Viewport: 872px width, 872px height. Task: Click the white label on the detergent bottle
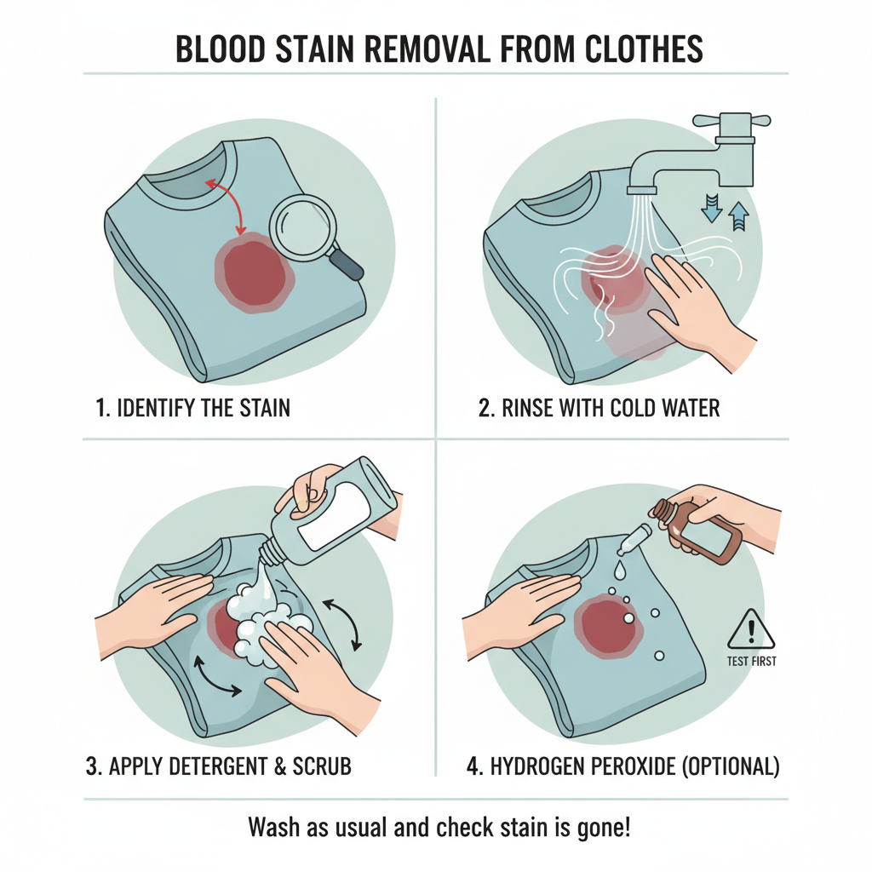tap(341, 513)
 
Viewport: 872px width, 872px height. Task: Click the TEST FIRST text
tap(750, 661)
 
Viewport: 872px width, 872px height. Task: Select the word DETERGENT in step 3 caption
tap(217, 766)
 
